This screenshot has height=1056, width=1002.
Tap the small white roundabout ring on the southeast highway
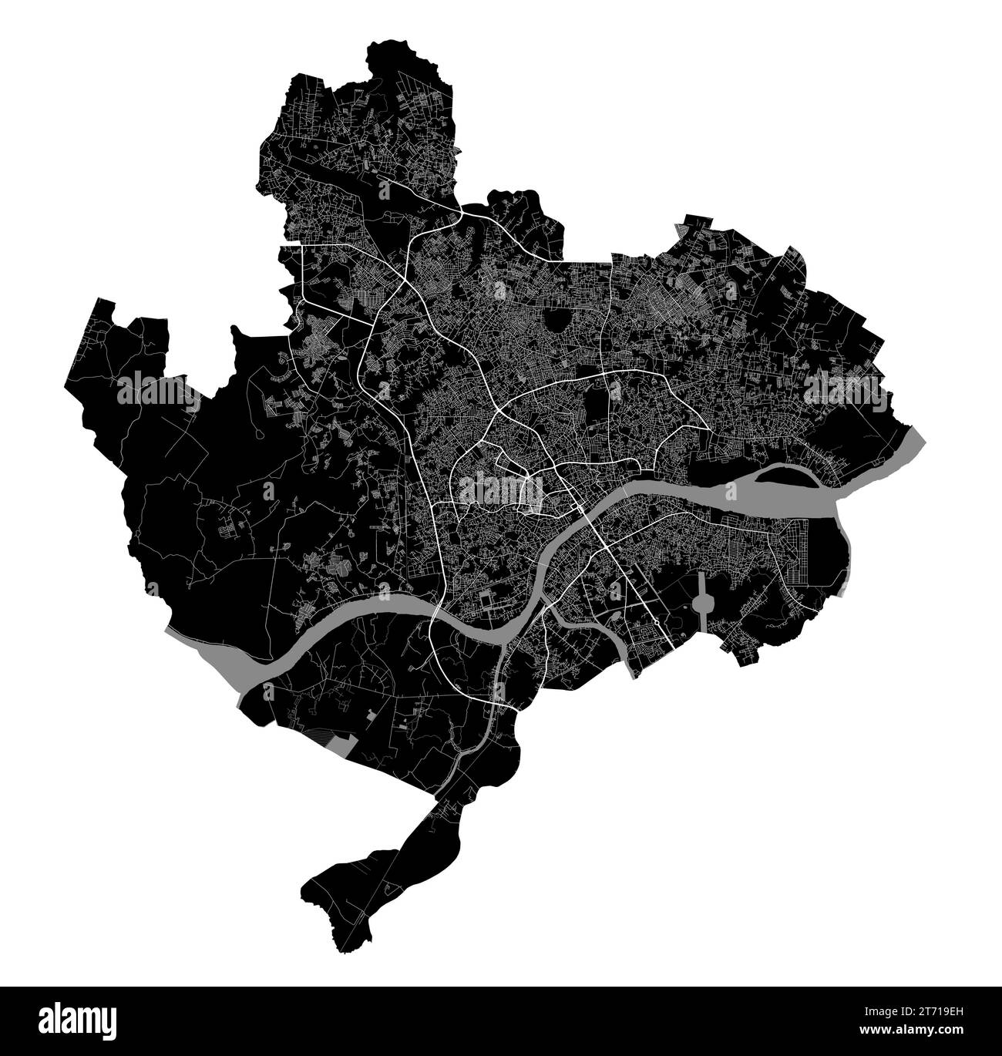click(656, 622)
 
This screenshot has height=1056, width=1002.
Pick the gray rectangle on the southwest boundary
click(341, 744)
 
